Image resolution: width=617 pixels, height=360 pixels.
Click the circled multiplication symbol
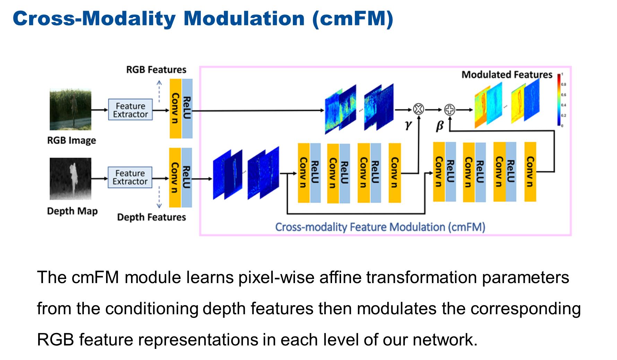[418, 109]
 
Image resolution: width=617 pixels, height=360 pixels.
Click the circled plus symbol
[450, 109]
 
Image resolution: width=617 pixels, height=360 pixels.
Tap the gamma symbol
[408, 125]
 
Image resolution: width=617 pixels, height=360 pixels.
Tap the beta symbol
[440, 126]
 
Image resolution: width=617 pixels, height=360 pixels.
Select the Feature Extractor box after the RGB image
[130, 110]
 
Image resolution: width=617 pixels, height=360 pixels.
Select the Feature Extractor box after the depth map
[130, 177]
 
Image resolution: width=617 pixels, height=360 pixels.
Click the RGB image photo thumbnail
[70, 109]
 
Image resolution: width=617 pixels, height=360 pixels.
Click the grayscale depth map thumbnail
[70, 179]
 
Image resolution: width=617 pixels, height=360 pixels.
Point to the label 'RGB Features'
[156, 70]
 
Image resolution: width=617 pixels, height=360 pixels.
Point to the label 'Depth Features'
[151, 217]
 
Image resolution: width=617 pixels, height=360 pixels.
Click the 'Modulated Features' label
[507, 75]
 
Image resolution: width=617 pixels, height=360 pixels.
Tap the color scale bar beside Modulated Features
[559, 100]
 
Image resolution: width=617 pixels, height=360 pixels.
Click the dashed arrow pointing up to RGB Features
[159, 91]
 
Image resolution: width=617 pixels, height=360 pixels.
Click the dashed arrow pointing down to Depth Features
[159, 197]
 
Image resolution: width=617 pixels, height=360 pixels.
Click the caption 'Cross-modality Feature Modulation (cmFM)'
[380, 227]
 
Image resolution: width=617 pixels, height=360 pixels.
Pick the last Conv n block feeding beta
[530, 172]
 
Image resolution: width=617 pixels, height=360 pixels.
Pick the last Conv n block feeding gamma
[395, 173]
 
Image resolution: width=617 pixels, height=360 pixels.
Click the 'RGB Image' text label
[71, 140]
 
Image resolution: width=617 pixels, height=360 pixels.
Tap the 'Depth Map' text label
[72, 211]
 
